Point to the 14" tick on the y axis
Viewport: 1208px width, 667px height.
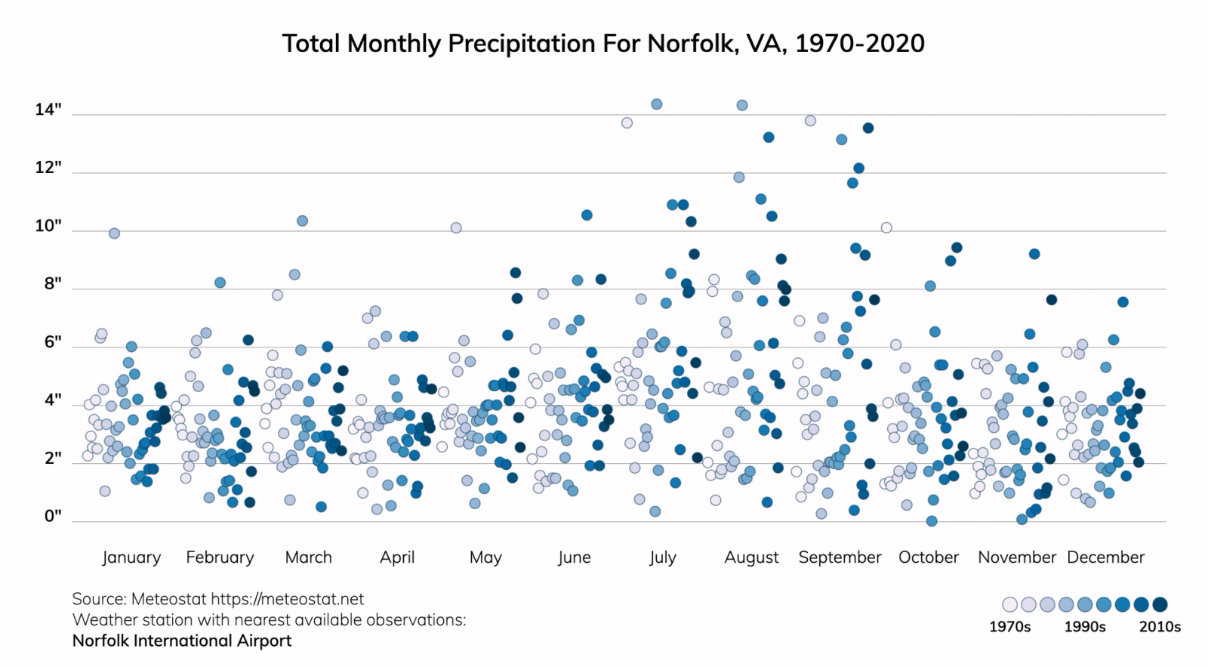point(48,110)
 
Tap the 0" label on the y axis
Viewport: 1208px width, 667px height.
point(52,517)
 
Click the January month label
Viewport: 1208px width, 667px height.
point(131,557)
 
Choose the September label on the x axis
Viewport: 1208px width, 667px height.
point(840,557)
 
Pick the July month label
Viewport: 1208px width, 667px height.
point(662,557)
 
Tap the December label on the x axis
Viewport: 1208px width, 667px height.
point(1105,557)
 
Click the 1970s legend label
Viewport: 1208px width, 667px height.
point(1009,627)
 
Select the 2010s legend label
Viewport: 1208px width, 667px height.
point(1160,627)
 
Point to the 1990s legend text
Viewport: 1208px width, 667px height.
point(1085,627)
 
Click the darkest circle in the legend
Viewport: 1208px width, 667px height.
point(1160,604)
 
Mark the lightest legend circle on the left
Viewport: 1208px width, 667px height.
point(1009,604)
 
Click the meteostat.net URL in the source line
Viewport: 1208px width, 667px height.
point(287,599)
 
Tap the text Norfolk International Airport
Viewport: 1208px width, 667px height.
point(182,641)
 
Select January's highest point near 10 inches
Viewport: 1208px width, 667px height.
point(114,233)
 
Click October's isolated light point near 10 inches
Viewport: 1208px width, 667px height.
point(886,227)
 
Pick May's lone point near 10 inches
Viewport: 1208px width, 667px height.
point(456,227)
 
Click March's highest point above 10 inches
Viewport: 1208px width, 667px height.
point(302,221)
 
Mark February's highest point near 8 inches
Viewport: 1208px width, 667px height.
point(220,283)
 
